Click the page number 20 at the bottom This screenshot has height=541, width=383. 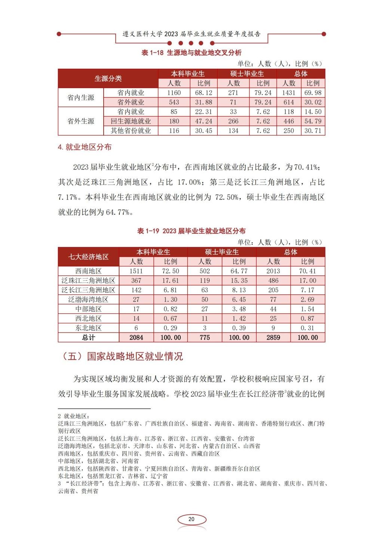[x=191, y=519]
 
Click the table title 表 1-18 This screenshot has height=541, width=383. [x=191, y=53]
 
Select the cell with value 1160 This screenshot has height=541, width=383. [x=174, y=93]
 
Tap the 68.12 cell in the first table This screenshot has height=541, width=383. [x=203, y=93]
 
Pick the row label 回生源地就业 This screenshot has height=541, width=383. [x=131, y=121]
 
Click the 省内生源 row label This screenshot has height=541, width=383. [x=80, y=98]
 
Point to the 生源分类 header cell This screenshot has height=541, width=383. [x=108, y=78]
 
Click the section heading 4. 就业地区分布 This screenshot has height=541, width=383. [x=85, y=147]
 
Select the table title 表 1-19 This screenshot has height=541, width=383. [x=191, y=231]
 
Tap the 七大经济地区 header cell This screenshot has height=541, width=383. [x=88, y=257]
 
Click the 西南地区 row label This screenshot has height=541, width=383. [x=88, y=271]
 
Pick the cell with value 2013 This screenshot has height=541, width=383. [x=273, y=271]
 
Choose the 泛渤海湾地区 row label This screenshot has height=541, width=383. [x=88, y=300]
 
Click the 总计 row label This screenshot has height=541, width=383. [x=88, y=337]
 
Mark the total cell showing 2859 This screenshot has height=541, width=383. [x=273, y=337]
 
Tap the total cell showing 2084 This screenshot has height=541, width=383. [x=136, y=337]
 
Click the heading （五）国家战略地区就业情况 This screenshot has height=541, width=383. [x=122, y=356]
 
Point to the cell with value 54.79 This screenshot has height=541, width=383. [x=313, y=121]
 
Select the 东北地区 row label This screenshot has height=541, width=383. [x=88, y=328]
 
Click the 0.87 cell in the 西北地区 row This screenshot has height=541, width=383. [x=307, y=319]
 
